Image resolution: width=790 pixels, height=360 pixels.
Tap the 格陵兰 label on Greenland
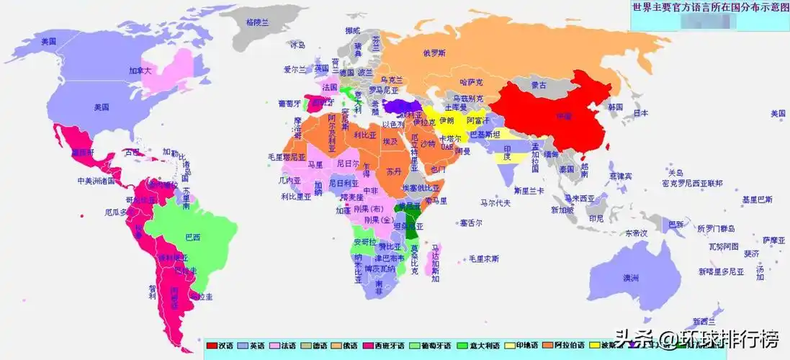(256, 22)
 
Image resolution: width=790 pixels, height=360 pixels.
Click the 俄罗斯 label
(434, 53)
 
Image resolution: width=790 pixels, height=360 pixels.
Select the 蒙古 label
(538, 85)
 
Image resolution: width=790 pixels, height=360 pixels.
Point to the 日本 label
(640, 113)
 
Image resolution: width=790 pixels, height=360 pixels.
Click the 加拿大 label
(140, 71)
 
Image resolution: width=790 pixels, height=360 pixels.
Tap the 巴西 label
(192, 237)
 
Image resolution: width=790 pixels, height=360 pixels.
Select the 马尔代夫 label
(495, 204)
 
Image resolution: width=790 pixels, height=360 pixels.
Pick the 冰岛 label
(297, 45)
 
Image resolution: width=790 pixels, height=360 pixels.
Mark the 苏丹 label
(393, 172)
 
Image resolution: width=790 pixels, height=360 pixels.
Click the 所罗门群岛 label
(716, 228)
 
